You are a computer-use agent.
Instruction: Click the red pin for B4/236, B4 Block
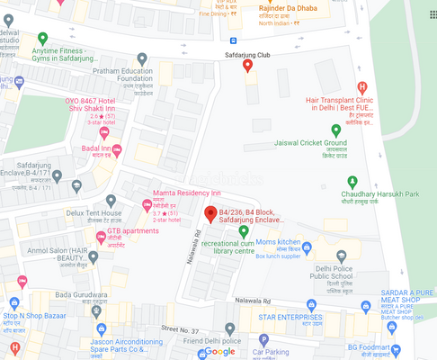tap(210, 214)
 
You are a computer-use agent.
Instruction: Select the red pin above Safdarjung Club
tap(248, 66)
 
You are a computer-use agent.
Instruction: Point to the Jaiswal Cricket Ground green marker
tap(336, 130)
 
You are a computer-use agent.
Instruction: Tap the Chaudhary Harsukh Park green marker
tap(352, 181)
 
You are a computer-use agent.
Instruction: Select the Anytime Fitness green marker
tap(42, 39)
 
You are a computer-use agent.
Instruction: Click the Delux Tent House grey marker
tap(111, 201)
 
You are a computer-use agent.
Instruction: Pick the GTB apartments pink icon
tap(101, 236)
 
